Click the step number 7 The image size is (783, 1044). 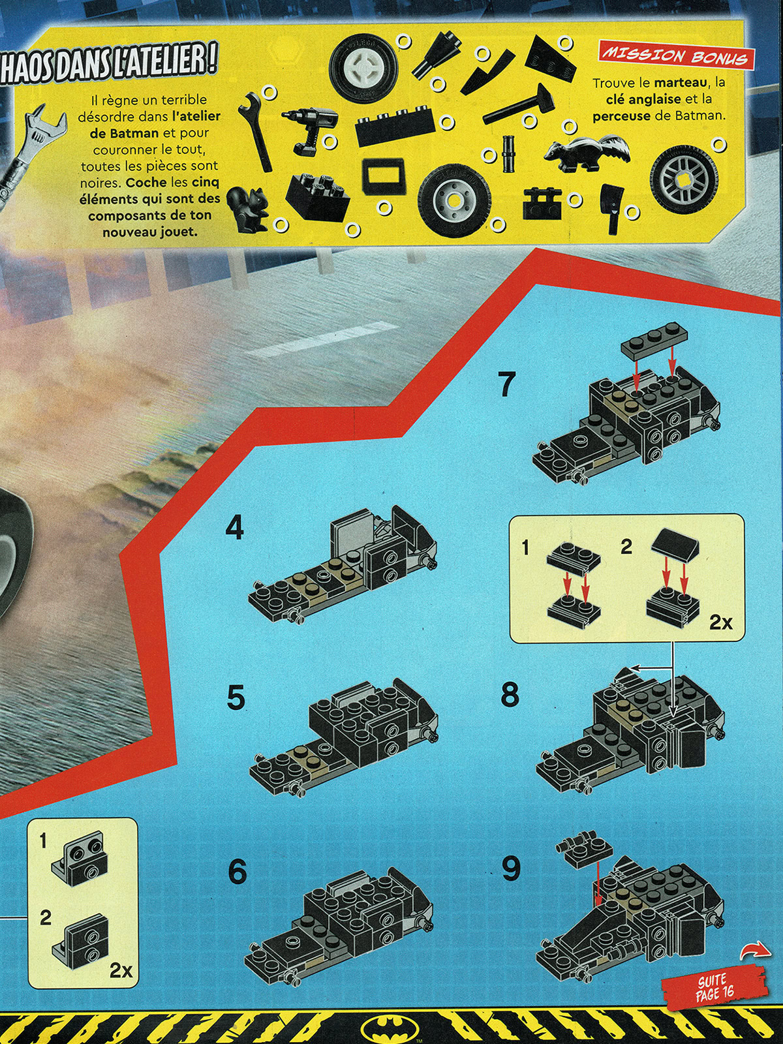tap(507, 384)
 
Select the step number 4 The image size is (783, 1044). tap(234, 529)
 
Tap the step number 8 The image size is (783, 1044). tap(510, 695)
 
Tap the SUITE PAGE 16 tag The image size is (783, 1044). tap(703, 993)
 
